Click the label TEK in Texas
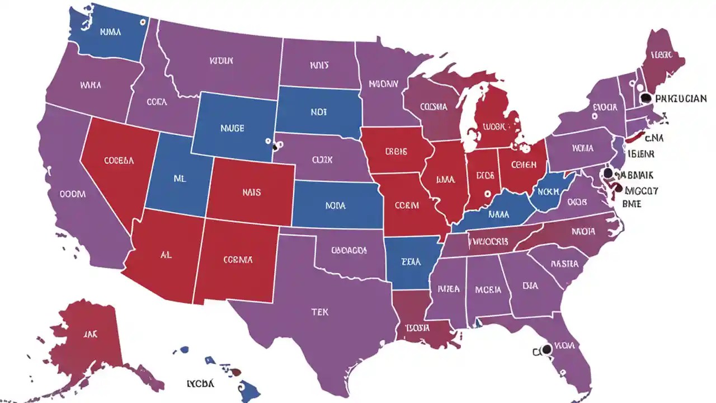click(x=321, y=312)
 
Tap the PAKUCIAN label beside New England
click(x=680, y=99)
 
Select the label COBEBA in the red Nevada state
click(x=119, y=160)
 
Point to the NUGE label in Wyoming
click(x=232, y=128)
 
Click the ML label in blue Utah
click(x=179, y=180)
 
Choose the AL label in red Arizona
click(x=166, y=254)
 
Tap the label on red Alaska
click(x=91, y=334)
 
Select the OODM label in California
click(x=73, y=194)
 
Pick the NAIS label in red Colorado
click(x=252, y=192)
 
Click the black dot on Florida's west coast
click(x=547, y=349)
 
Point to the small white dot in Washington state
click(x=143, y=22)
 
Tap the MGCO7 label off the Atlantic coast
click(x=641, y=191)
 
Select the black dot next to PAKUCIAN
click(x=646, y=98)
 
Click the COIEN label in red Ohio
click(x=524, y=165)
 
